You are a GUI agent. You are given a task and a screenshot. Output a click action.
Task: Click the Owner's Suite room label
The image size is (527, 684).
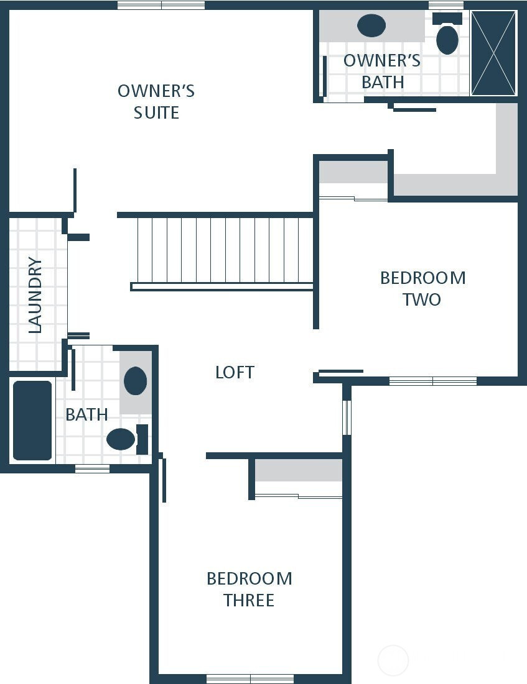pos(156,101)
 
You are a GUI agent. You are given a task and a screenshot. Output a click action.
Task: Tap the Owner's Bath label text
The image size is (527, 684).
pos(381,71)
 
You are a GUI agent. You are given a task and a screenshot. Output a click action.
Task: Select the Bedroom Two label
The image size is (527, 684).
pos(422,288)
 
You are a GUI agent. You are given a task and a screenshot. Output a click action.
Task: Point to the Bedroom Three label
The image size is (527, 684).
pos(249,589)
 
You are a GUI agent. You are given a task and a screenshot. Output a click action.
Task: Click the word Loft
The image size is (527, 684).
pos(235,372)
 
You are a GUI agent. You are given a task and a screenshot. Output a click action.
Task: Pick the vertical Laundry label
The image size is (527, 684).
pos(35,295)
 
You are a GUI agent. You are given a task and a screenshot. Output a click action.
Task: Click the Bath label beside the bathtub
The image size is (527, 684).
pos(86,414)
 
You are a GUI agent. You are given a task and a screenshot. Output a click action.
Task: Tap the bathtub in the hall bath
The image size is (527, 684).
pos(32,421)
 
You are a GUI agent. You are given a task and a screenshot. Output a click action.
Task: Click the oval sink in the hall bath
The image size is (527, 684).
pos(135,381)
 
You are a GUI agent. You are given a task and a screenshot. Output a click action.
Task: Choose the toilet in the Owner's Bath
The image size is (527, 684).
pos(447,39)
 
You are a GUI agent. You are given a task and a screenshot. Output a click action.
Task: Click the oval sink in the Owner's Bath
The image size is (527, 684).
pos(371,25)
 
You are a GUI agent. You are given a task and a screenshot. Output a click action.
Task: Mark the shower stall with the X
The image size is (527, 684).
pos(493,53)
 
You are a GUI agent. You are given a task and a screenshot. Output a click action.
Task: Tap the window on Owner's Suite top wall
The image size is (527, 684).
pos(161,5)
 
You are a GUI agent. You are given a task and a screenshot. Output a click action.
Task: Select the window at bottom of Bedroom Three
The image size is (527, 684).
pos(250,678)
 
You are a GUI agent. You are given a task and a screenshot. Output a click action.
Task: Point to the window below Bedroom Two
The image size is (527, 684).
pos(432,381)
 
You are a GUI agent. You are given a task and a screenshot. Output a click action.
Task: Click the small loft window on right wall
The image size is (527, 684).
pos(347,417)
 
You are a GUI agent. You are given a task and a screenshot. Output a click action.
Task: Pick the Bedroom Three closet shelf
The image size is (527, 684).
pos(299,470)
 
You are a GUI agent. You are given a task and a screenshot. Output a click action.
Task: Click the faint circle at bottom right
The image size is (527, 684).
pos(393,660)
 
